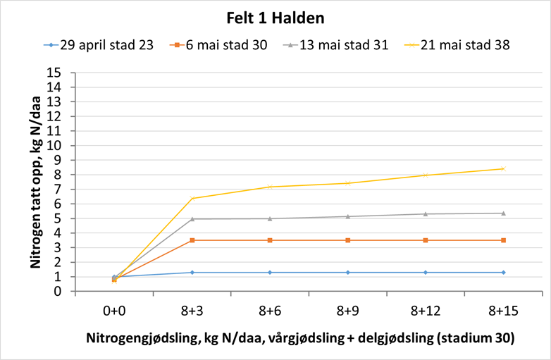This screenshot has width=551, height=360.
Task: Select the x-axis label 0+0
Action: pyautogui.click(x=114, y=310)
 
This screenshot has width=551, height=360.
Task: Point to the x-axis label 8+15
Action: pyautogui.click(x=503, y=310)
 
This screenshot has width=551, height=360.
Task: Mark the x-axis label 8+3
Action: pyautogui.click(x=192, y=310)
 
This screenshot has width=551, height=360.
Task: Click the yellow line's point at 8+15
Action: pyautogui.click(x=503, y=168)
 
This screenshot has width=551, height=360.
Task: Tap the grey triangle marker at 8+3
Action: pyautogui.click(x=192, y=218)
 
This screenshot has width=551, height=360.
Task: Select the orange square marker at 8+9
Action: pyautogui.click(x=348, y=240)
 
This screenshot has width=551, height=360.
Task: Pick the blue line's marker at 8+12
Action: pyautogui.click(x=426, y=272)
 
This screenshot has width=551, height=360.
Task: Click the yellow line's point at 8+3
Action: pyautogui.click(x=192, y=198)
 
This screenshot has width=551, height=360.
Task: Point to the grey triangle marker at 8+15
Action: pyautogui.click(x=503, y=213)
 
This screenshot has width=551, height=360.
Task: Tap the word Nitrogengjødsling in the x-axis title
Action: pyautogui.click(x=132, y=338)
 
